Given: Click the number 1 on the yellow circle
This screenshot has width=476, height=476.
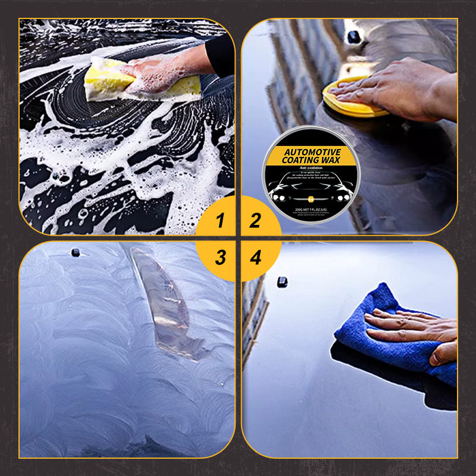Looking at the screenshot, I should (221, 221).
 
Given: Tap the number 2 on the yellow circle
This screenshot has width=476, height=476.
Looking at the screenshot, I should (255, 221).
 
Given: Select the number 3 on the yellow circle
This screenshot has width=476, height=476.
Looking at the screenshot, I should (221, 258).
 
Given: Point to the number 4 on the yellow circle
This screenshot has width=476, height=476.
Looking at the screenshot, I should (256, 258).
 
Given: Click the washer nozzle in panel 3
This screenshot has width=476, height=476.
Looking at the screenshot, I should (76, 252).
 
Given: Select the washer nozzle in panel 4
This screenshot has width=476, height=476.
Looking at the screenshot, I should (281, 281).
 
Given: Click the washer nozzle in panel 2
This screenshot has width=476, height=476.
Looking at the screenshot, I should (353, 37).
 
